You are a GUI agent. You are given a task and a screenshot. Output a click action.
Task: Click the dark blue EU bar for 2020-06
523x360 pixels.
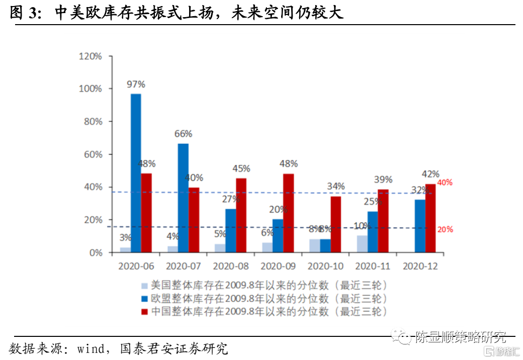pos(136,173)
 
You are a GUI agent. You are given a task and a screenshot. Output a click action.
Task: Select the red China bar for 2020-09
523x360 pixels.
pos(288,213)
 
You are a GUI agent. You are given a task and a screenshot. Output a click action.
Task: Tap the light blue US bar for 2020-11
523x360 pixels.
pos(362,244)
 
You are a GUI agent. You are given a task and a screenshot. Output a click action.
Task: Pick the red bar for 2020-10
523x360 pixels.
pos(335,224)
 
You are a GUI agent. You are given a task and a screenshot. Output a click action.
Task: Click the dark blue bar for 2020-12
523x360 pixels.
pos(420,226)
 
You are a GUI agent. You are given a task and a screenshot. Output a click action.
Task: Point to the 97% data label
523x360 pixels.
pos(136,84)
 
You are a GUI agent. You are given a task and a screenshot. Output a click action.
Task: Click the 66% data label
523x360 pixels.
pos(184,134)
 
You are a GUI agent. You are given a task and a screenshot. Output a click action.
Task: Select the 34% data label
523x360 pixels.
pos(335,187)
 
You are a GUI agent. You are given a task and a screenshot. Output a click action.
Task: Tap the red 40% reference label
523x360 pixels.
pos(445,183)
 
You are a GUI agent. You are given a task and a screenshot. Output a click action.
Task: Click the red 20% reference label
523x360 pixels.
pos(445,229)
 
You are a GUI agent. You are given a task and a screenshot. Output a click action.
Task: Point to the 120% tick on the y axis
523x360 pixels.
pos(91,56)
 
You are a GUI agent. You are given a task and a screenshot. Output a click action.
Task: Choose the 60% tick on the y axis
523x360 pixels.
pos(93,154)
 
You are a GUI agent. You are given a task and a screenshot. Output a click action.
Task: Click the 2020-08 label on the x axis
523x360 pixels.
pos(231,266)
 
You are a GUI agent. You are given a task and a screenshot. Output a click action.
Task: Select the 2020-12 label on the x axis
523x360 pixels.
pos(420,266)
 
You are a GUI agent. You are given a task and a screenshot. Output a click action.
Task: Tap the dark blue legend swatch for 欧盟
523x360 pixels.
pos(145,299)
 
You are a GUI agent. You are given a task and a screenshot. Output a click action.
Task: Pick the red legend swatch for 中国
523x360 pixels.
pos(145,312)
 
